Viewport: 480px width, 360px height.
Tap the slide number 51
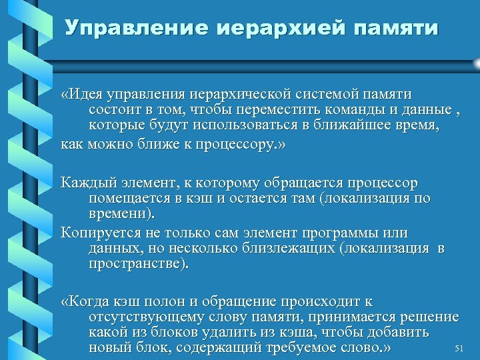(458, 349)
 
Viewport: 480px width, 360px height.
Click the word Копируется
(96, 233)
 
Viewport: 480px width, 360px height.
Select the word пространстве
(137, 263)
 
